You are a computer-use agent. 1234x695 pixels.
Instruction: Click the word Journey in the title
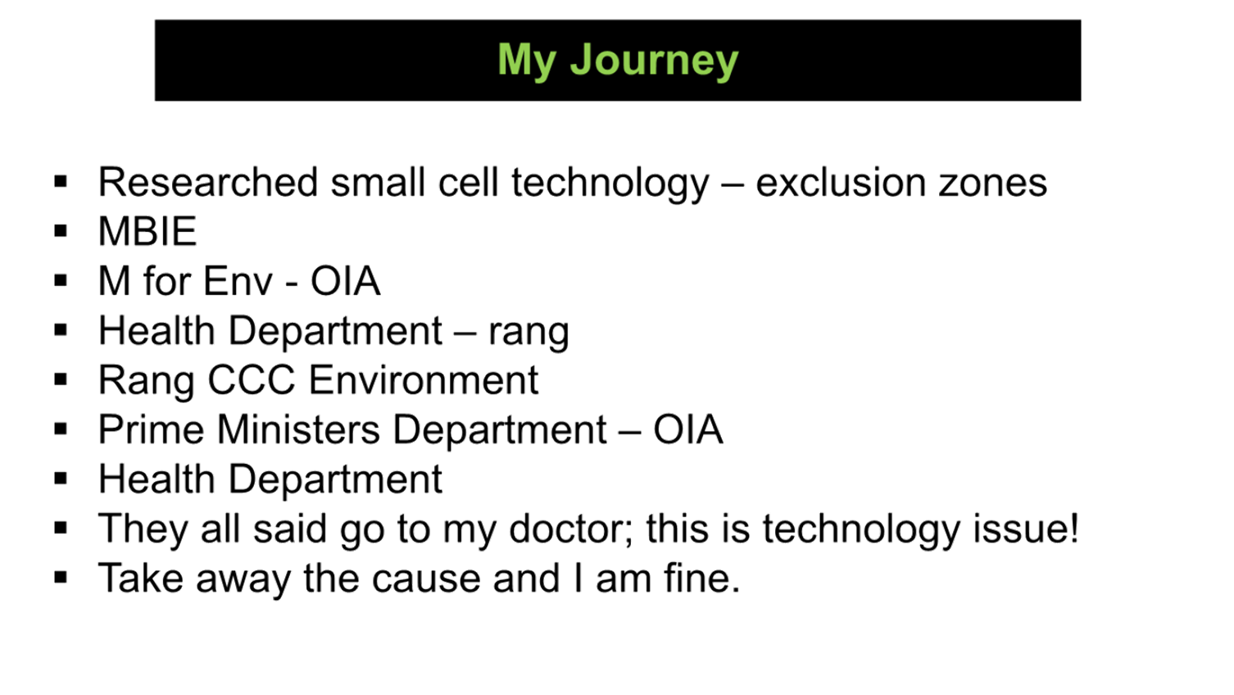pyautogui.click(x=654, y=61)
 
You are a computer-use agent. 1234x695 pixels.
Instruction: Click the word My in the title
pyautogui.click(x=527, y=61)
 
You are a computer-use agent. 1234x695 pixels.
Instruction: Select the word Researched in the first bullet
pyautogui.click(x=208, y=182)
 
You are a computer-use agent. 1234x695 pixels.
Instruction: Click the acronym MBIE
pyautogui.click(x=147, y=231)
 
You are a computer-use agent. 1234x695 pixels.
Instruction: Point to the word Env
pyautogui.click(x=238, y=281)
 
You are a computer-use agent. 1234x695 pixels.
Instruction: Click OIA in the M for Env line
pyautogui.click(x=346, y=281)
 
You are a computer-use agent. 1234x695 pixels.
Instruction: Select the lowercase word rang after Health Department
pyautogui.click(x=529, y=333)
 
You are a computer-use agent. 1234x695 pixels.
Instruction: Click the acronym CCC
pyautogui.click(x=252, y=379)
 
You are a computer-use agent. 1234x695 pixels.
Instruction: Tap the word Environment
pyautogui.click(x=423, y=379)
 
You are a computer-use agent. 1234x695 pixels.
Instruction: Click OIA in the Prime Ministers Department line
pyautogui.click(x=688, y=429)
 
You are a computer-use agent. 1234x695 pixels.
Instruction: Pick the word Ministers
pyautogui.click(x=298, y=429)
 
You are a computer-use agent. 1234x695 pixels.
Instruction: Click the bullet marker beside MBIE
pyautogui.click(x=61, y=231)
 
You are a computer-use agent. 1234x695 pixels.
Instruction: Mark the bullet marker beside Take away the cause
pyautogui.click(x=61, y=578)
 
